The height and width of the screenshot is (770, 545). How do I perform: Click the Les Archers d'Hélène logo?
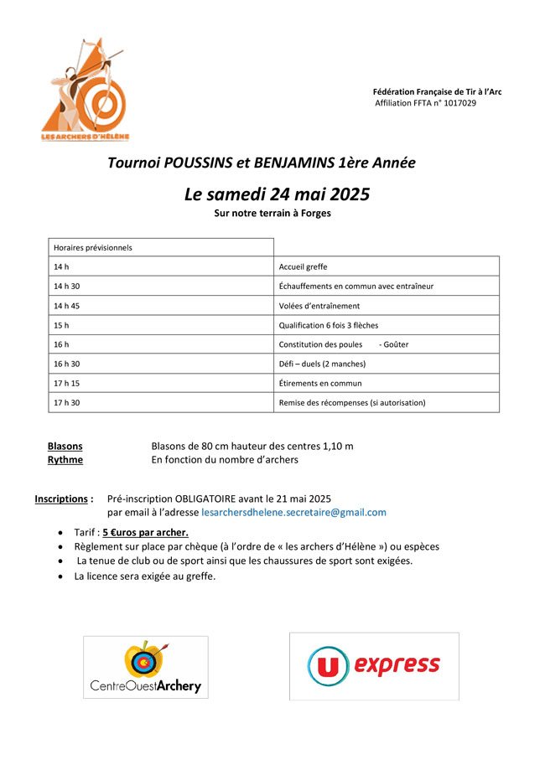(85, 89)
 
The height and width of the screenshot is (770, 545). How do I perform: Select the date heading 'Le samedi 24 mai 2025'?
(277, 194)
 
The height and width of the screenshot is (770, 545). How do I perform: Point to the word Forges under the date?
(315, 214)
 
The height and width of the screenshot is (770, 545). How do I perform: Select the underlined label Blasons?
(65, 447)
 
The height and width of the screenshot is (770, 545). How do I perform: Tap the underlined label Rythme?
(65, 460)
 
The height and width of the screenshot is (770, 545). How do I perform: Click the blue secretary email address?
(293, 512)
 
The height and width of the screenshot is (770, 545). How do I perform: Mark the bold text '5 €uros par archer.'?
(145, 532)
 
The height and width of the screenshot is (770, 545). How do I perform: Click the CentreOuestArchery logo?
(146, 667)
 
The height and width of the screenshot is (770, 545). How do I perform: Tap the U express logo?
(374, 666)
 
